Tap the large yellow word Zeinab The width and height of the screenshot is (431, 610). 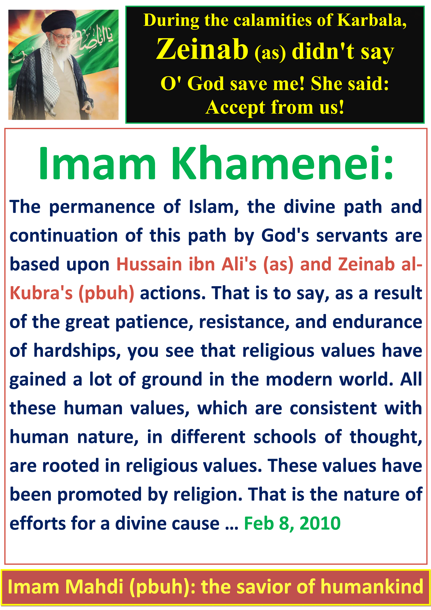tap(202, 49)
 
